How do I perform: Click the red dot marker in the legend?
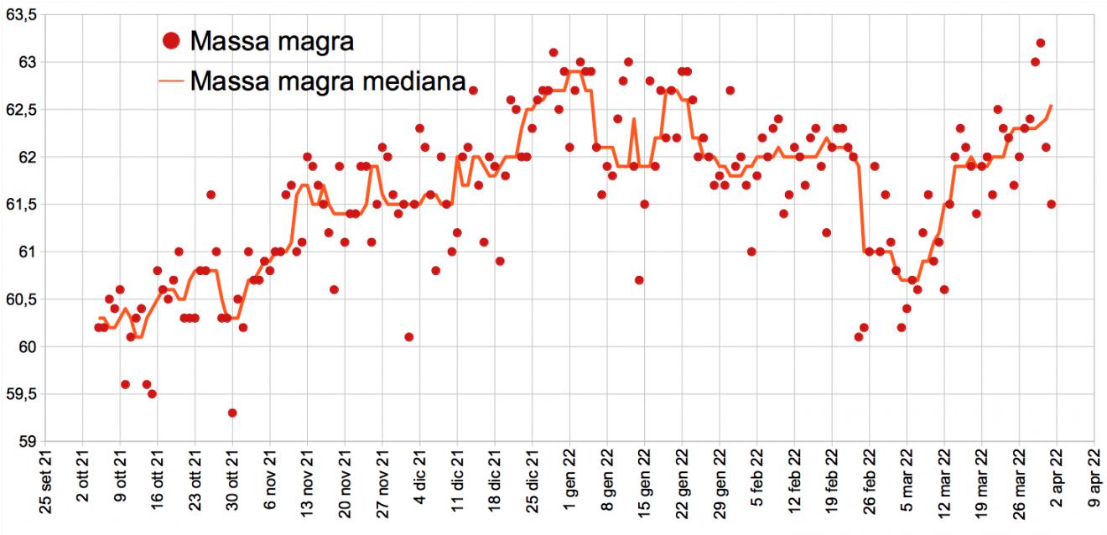coord(171,39)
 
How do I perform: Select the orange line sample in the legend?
coord(171,81)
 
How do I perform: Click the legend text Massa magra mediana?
coord(328,81)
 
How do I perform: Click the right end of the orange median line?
coord(1052,106)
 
